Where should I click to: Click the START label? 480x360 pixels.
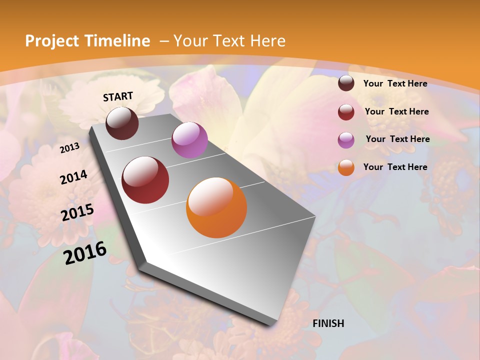point(118,96)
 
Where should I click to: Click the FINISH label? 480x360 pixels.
point(328,323)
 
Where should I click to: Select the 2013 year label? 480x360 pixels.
point(69,148)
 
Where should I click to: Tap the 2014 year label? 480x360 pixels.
point(73,177)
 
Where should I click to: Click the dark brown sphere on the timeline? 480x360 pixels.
point(122,123)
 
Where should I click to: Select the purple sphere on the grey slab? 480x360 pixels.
point(189,140)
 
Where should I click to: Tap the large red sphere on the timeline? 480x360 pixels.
point(145,180)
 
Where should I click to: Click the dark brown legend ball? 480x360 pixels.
point(346,83)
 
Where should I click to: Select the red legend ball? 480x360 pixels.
point(346,112)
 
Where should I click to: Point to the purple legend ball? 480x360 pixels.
point(346,139)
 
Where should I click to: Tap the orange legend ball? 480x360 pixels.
point(346,167)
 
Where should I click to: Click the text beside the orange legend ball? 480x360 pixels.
point(395,167)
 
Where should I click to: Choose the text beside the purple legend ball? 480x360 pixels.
point(397,139)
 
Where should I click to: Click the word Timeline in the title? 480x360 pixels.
point(118,41)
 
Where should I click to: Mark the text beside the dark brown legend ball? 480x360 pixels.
point(395,83)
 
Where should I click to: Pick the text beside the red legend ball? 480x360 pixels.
point(396,111)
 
